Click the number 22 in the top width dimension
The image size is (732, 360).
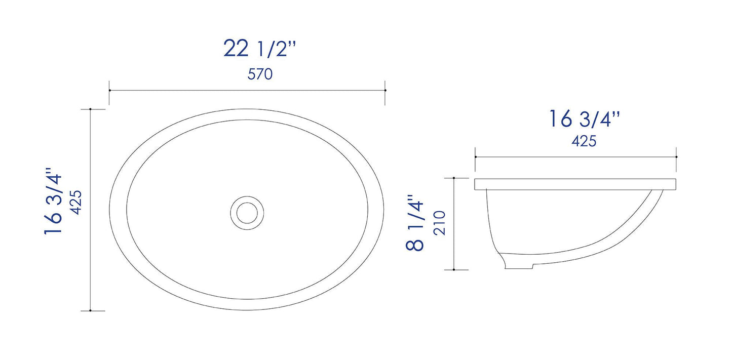(x=236, y=49)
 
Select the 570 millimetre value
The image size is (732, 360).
(x=260, y=74)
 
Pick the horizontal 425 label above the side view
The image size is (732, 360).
(x=584, y=142)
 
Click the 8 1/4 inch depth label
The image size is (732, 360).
(x=414, y=223)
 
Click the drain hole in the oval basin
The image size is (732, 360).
(x=247, y=211)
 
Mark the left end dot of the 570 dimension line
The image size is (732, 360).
(x=109, y=90)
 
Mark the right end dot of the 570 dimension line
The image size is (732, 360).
(x=386, y=90)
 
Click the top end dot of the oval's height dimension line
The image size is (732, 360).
(x=90, y=109)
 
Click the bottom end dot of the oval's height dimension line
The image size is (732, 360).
(x=90, y=310)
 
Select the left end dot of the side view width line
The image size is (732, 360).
(x=475, y=157)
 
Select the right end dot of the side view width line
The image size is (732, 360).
(x=676, y=157)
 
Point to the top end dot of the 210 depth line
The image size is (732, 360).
(x=454, y=178)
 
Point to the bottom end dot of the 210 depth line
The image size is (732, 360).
(x=454, y=269)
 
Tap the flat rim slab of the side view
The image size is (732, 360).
(x=575, y=184)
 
